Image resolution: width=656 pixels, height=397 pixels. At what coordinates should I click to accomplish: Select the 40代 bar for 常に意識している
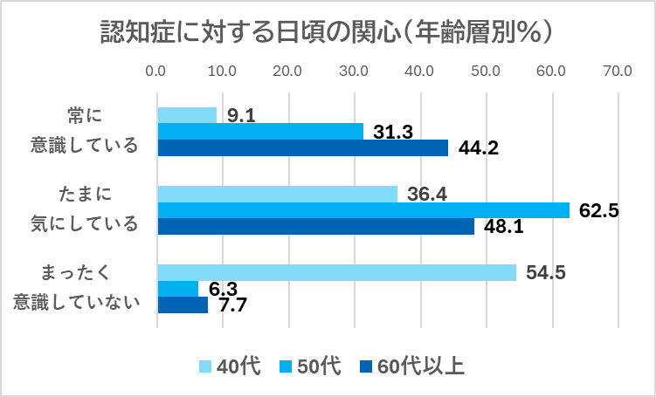pos(187,115)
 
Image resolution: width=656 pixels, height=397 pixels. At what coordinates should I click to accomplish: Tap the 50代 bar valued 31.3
pos(260,132)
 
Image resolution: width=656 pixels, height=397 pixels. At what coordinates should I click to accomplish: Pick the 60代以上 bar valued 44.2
pos(302,147)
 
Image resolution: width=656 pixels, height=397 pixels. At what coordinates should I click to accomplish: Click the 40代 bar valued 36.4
pos(277,194)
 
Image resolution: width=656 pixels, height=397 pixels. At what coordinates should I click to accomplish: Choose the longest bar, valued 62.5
pos(363,210)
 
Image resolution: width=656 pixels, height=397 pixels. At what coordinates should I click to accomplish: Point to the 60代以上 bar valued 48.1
pos(315,226)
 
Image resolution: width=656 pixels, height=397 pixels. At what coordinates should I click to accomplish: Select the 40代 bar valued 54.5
pos(336,272)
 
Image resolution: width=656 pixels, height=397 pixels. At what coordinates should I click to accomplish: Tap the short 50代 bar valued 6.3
pos(178,289)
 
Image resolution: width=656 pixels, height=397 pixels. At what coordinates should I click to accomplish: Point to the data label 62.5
pos(598,210)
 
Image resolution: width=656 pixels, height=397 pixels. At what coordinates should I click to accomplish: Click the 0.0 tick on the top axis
pos(157,71)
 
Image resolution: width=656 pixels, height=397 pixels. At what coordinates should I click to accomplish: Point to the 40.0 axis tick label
pos(420,71)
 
